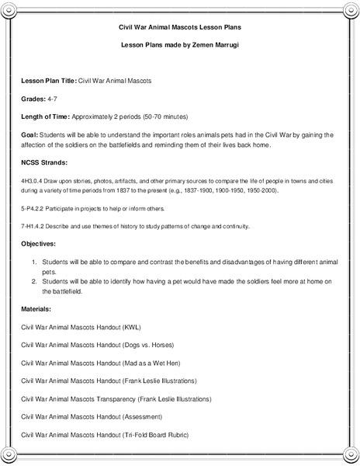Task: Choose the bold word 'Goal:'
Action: (30, 134)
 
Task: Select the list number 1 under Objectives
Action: (36, 263)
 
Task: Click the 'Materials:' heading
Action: (39, 309)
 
